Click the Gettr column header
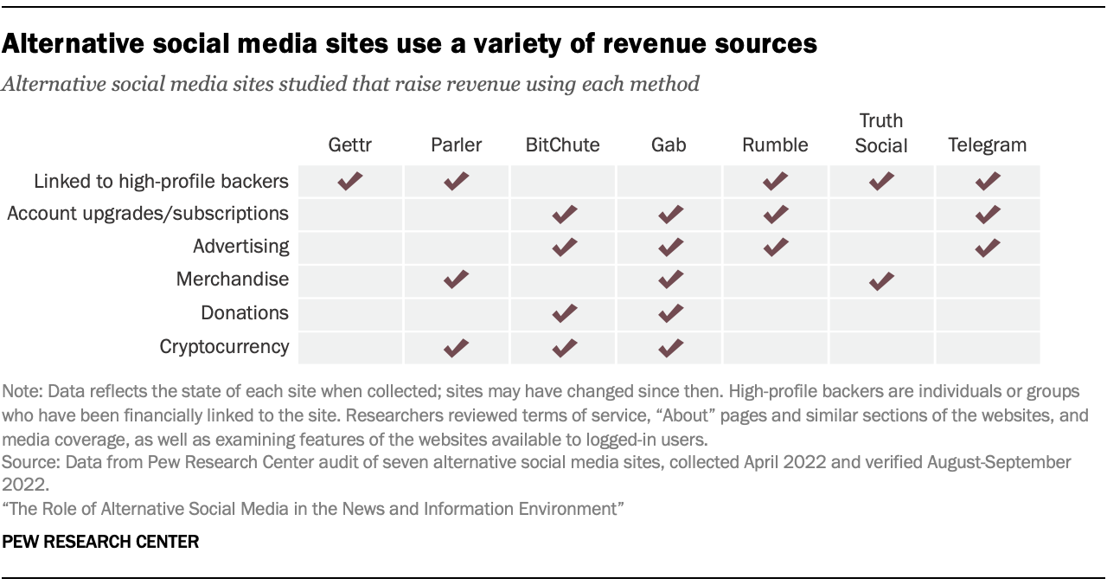click(350, 145)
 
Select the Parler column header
click(457, 145)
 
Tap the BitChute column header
click(562, 145)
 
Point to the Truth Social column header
click(881, 133)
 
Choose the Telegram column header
click(987, 145)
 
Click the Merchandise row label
click(233, 280)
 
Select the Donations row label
click(245, 312)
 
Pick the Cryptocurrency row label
click(224, 346)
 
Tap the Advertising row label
click(240, 246)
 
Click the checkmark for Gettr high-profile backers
click(350, 181)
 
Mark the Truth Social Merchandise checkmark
click(881, 280)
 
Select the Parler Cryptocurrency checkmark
click(457, 347)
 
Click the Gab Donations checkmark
click(669, 313)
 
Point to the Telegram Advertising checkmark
click(987, 247)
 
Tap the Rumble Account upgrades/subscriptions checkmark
click(776, 213)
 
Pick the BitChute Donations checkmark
click(563, 313)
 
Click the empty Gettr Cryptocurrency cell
click(350, 347)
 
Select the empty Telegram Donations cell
click(987, 313)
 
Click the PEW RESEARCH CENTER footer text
click(101, 543)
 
